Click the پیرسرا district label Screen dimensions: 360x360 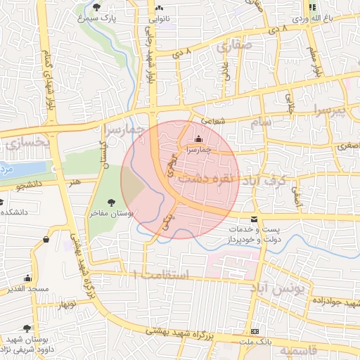330,111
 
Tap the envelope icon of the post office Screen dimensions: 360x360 255,219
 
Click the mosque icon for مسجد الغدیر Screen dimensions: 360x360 27,278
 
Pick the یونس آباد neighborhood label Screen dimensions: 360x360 281,289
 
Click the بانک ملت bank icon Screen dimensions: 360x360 255,331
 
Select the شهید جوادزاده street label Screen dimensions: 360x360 337,302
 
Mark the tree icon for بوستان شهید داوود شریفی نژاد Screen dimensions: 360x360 27,328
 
